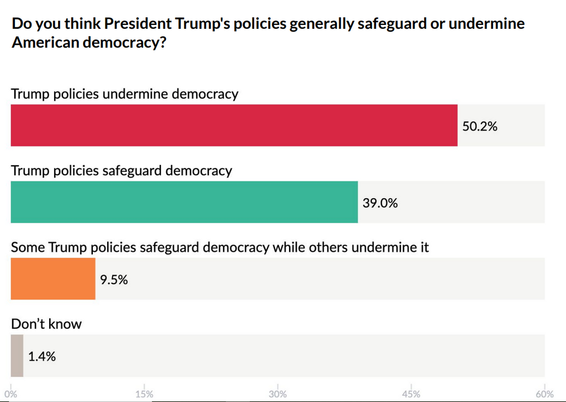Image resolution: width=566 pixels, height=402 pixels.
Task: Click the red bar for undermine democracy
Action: pyautogui.click(x=234, y=126)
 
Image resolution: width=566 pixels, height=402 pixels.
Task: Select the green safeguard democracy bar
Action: pyautogui.click(x=184, y=202)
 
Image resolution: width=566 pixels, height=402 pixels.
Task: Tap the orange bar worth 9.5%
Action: pyautogui.click(x=53, y=279)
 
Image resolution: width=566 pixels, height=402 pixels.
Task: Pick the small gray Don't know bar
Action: pyautogui.click(x=17, y=356)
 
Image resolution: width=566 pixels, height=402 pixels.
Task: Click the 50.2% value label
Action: pyautogui.click(x=480, y=126)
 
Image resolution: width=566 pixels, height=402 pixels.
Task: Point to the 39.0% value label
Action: pyautogui.click(x=380, y=203)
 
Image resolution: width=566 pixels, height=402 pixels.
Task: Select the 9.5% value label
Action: pyautogui.click(x=114, y=279)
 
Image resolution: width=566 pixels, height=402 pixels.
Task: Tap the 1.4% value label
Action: pyautogui.click(x=42, y=356)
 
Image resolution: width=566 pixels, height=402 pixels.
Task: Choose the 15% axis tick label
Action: pyautogui.click(x=144, y=394)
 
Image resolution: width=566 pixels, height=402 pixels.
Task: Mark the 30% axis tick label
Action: pyautogui.click(x=277, y=394)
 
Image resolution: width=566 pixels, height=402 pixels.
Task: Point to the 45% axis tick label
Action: pyautogui.click(x=411, y=394)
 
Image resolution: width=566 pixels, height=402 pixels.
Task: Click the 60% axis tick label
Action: pyautogui.click(x=544, y=394)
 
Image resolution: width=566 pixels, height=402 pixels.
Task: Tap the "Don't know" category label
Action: pyautogui.click(x=46, y=323)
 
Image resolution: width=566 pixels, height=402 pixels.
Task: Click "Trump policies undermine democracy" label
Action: pyautogui.click(x=125, y=93)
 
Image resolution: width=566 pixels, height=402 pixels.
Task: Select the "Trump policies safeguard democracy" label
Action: pyautogui.click(x=122, y=170)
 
